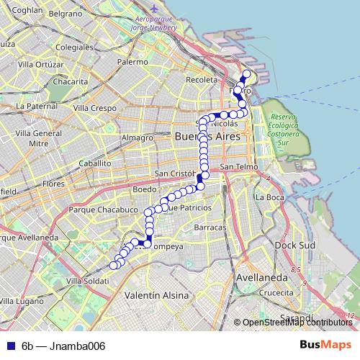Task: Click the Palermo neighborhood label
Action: (x=132, y=63)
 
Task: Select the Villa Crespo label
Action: (x=94, y=108)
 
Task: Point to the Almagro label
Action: (x=137, y=138)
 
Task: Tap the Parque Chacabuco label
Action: (x=102, y=210)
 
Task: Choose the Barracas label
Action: (x=210, y=227)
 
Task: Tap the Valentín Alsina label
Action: (x=156, y=295)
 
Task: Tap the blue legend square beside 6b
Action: (x=9, y=346)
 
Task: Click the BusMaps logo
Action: (x=325, y=346)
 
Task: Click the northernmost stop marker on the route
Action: (x=246, y=73)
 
